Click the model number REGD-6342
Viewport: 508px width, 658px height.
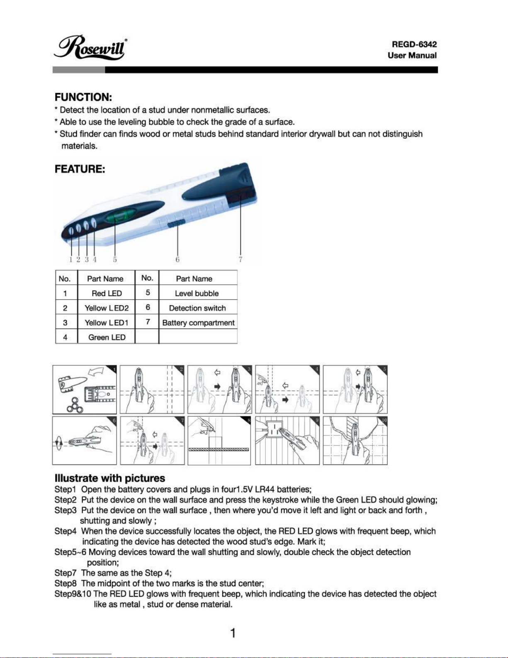414,44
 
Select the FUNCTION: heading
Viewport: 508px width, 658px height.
83,97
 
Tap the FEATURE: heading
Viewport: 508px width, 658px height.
80,169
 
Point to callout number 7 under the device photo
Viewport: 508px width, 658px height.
241,259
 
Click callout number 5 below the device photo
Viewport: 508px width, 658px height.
115,259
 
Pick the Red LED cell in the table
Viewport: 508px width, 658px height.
107,293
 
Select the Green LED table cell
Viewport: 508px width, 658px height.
107,337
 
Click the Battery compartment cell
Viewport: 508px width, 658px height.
198,323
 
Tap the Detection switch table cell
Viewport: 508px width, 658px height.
197,308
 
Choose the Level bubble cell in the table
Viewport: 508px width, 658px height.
197,293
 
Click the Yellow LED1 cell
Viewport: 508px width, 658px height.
107,323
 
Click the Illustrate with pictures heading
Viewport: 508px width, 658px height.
110,478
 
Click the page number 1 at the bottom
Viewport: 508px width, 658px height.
233,633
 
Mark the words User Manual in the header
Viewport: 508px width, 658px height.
412,55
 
